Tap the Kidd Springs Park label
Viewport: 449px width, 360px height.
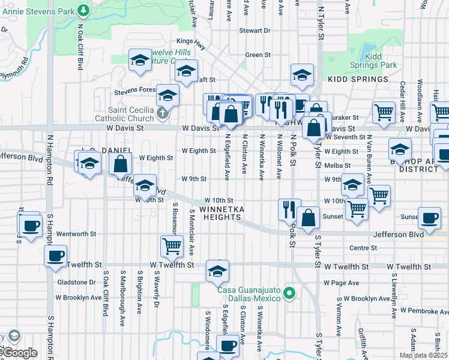(x=382, y=61)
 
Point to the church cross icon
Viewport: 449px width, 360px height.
(x=161, y=113)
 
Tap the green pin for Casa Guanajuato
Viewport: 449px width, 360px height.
(x=289, y=293)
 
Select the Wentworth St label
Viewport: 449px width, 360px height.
(x=76, y=233)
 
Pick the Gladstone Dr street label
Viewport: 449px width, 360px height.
(x=76, y=281)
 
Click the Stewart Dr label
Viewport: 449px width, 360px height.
(x=251, y=30)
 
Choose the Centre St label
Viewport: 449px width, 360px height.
(x=363, y=247)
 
